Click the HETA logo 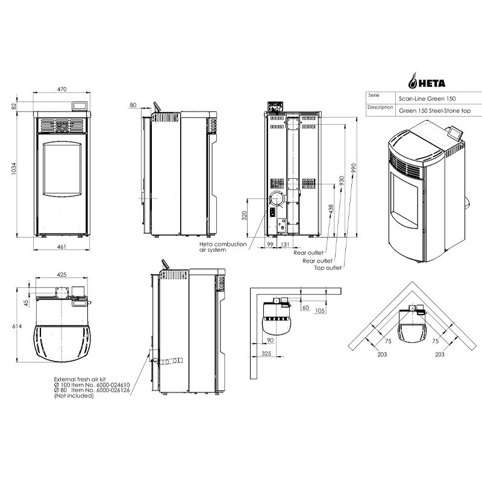pos(427,81)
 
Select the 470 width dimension pos(62,89)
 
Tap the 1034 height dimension pos(13,169)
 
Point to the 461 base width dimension pos(61,246)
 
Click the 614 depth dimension pos(17,326)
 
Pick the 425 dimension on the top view pos(62,275)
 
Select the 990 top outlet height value pos(354,168)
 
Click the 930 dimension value pos(342,180)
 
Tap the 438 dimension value pos(331,209)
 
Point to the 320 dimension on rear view pos(245,215)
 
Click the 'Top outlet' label pos(328,268)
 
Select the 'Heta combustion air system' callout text pos(223,247)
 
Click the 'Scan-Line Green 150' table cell pos(427,99)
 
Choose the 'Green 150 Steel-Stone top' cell pos(434,111)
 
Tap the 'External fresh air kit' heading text pos(80,380)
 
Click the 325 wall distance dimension pos(266,354)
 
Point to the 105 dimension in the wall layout pos(320,310)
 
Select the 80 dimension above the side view pos(133,105)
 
